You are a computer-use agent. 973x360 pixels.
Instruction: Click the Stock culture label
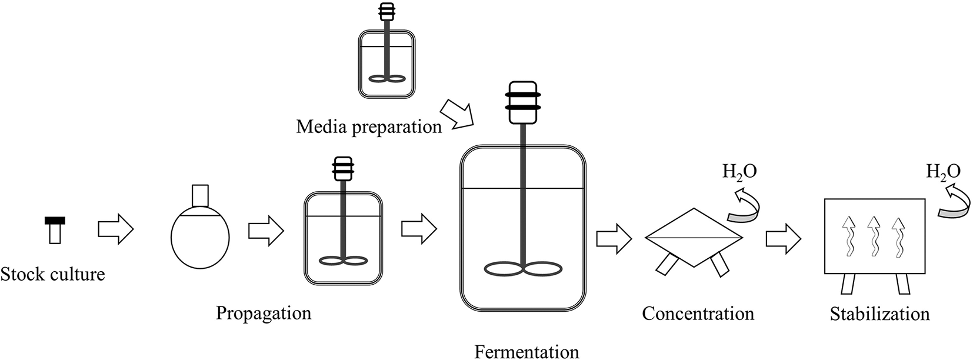point(52,274)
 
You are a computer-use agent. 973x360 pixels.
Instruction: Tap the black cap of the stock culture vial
point(55,221)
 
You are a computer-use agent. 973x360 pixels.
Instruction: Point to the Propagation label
point(264,313)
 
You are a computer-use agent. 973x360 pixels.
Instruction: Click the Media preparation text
point(369,126)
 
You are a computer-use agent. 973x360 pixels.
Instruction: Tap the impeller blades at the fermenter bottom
point(522,270)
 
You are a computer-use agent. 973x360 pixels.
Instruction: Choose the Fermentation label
point(527,352)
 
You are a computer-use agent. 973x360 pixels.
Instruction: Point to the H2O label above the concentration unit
point(739,172)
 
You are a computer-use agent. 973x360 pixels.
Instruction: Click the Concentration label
point(698,314)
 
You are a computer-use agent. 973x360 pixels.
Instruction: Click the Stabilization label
point(879,314)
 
